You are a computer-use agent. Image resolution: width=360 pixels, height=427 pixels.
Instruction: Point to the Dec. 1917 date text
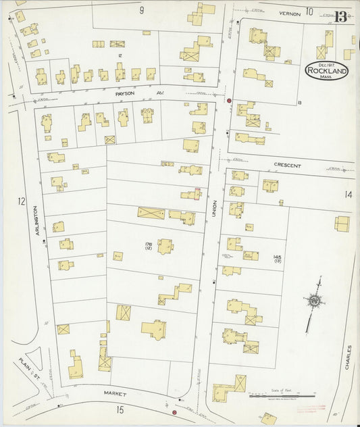click(327, 64)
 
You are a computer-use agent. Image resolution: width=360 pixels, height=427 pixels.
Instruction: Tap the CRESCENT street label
click(288, 165)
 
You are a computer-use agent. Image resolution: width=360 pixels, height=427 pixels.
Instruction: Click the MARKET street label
click(115, 393)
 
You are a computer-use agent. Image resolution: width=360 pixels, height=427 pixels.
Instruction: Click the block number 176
click(147, 244)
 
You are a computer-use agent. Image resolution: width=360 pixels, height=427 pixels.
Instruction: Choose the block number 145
click(277, 257)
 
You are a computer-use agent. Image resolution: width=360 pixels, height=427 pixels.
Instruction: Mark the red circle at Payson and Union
click(230, 101)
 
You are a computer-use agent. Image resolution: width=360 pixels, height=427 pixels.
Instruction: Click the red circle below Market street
click(174, 412)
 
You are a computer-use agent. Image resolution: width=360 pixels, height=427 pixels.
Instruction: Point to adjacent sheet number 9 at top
click(142, 9)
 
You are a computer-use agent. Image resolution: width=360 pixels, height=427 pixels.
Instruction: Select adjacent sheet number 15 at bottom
click(120, 409)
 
